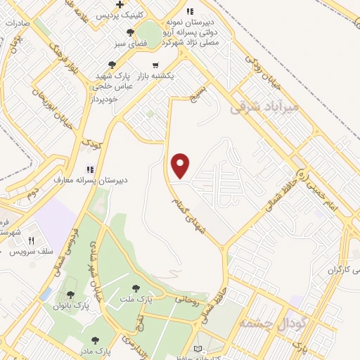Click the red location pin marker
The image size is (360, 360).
(x=181, y=165)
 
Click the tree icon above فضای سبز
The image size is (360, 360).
(x=130, y=32)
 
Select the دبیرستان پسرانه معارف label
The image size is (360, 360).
(x=92, y=180)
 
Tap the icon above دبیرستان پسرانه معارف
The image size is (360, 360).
(x=89, y=169)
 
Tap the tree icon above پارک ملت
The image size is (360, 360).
(x=135, y=288)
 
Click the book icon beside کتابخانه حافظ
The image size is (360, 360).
(x=198, y=349)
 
